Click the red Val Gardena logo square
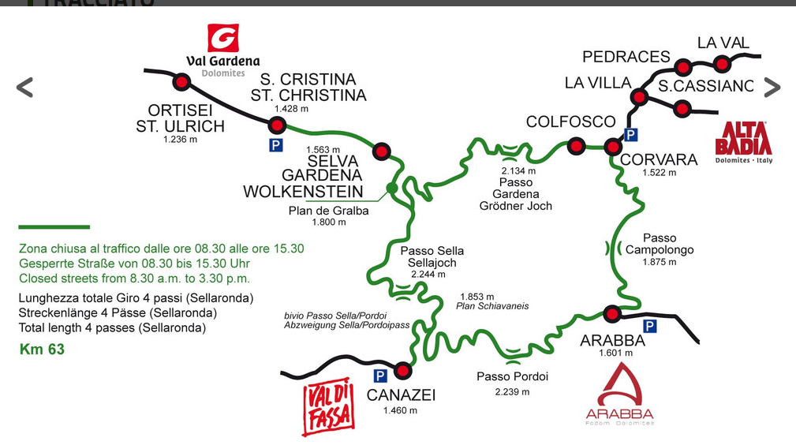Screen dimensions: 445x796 click(222, 38)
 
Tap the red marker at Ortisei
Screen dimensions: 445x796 click(182, 82)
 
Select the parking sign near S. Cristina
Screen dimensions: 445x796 click(275, 144)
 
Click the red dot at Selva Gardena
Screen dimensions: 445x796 click(382, 150)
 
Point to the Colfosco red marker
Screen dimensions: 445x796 click(577, 146)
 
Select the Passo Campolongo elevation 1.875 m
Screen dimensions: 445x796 click(659, 262)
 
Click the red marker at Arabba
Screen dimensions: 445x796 click(611, 313)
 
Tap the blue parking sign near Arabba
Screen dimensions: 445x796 click(650, 326)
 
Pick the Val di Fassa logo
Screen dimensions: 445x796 click(327, 409)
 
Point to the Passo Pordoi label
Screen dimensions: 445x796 click(512, 376)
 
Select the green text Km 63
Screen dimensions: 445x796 click(42, 349)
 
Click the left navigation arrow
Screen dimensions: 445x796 click(24, 87)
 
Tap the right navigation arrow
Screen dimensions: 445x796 click(772, 88)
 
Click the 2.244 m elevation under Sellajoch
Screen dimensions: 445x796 click(428, 275)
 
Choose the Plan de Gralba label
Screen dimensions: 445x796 click(329, 211)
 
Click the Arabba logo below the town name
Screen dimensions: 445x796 click(619, 395)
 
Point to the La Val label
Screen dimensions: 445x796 click(723, 43)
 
